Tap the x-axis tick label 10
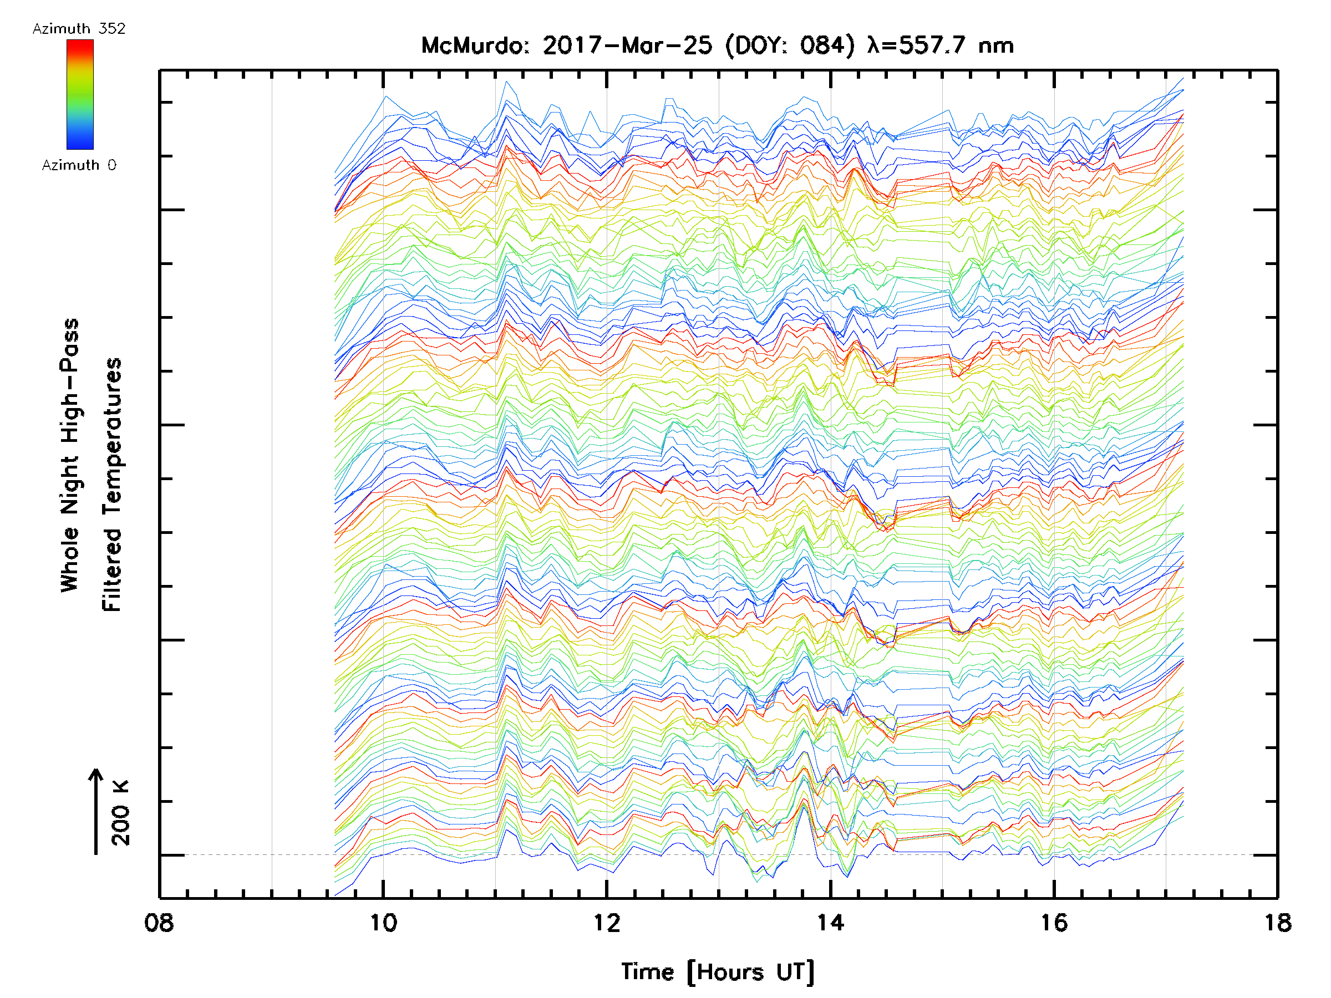tap(383, 923)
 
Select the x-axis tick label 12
tap(607, 923)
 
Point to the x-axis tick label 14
tap(830, 923)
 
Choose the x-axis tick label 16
tap(1054, 923)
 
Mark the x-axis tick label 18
tap(1277, 923)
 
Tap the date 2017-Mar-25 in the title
tap(627, 45)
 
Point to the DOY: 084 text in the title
tap(790, 45)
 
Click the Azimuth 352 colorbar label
tap(79, 29)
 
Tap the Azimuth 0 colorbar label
tap(79, 165)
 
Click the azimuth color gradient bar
tap(80, 94)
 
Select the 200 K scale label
tap(121, 813)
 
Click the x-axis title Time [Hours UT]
tap(717, 972)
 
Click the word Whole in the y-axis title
tap(70, 559)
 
